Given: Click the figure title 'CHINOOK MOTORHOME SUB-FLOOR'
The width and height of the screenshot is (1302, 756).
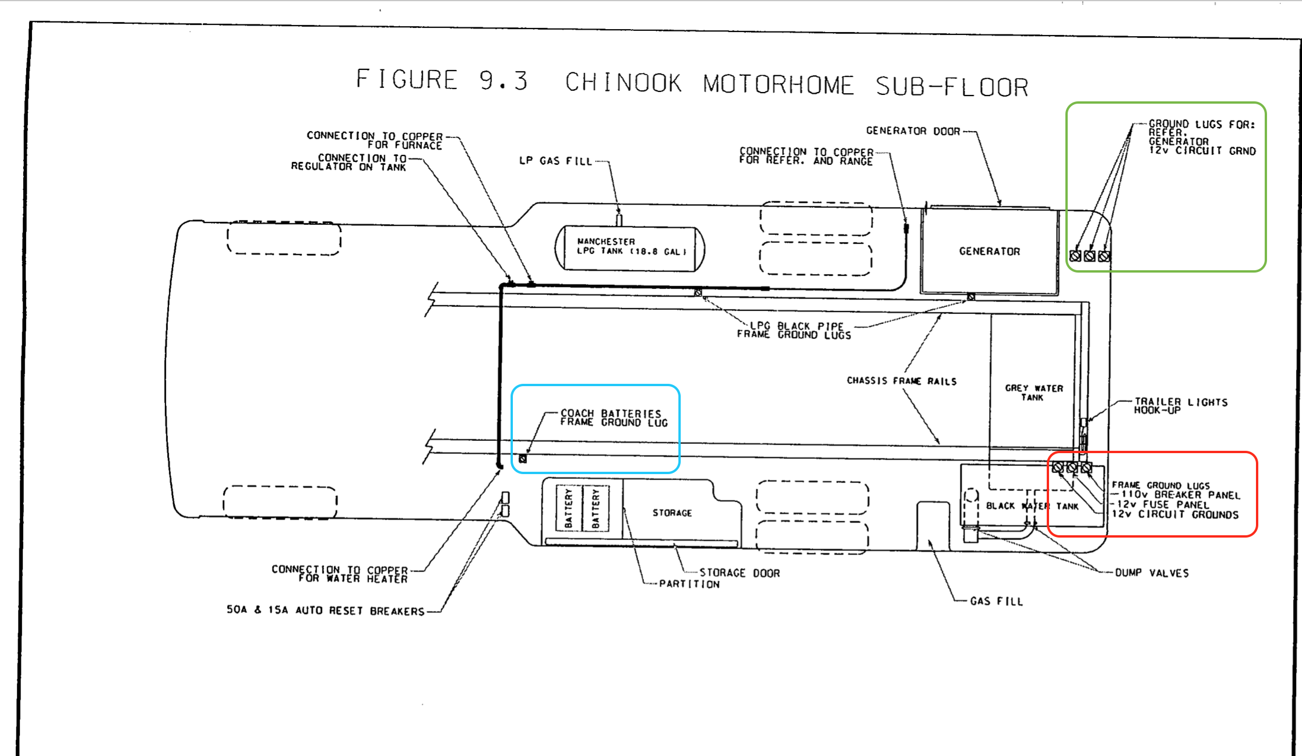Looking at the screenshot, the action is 797,84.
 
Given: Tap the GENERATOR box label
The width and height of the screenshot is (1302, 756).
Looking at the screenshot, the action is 990,251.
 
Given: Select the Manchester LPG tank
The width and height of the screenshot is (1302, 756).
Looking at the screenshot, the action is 629,248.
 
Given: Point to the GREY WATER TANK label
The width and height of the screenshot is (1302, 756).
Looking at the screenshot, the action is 1034,392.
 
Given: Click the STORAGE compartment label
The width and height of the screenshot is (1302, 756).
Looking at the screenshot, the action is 672,513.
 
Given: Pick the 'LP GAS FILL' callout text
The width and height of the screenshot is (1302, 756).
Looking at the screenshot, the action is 555,161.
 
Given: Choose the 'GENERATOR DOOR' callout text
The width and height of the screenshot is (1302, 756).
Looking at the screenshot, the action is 913,131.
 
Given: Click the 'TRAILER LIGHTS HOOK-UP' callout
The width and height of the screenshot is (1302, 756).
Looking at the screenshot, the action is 1180,406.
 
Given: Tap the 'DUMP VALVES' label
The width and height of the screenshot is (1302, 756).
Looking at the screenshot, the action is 1152,573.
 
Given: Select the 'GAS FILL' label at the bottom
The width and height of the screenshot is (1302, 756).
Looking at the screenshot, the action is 997,601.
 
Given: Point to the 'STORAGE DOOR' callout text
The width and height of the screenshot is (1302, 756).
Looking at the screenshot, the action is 740,573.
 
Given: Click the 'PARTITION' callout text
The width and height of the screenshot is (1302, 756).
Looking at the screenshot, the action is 689,584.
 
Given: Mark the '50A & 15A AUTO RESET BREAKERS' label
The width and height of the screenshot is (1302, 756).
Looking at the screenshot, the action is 325,610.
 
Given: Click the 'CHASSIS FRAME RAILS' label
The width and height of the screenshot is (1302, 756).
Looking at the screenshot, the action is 902,381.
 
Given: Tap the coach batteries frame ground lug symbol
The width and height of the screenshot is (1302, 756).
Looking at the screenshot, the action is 523,459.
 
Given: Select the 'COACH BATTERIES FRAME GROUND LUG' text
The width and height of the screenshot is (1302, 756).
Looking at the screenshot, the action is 614,418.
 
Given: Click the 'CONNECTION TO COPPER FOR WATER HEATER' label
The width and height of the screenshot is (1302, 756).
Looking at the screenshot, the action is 340,574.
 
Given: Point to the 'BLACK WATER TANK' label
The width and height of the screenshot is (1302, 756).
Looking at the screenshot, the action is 1032,506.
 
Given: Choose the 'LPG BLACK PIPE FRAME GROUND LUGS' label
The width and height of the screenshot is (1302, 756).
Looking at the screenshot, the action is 794,330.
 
